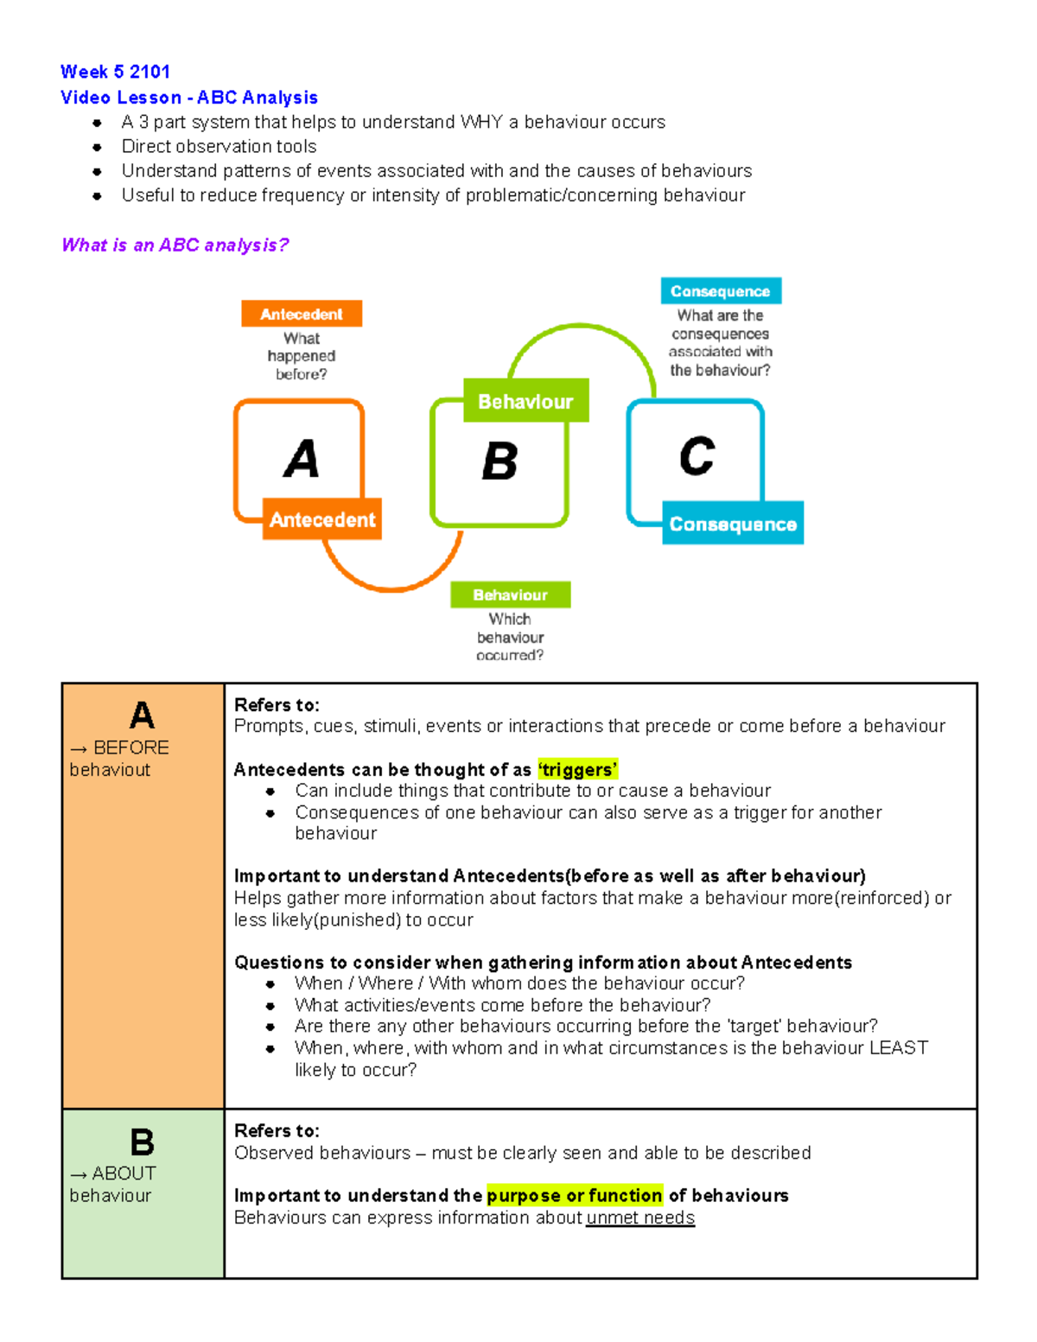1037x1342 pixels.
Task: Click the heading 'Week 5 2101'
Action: (x=115, y=72)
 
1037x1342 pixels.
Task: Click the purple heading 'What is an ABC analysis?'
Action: (x=175, y=245)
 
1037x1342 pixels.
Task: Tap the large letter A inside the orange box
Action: (x=301, y=459)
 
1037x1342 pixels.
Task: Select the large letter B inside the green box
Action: (x=499, y=461)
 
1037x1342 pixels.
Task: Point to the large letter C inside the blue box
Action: (x=697, y=456)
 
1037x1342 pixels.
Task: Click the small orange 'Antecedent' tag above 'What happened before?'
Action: (x=302, y=315)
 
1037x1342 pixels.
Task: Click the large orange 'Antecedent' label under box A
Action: (x=322, y=519)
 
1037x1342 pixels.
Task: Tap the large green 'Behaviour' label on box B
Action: (x=525, y=401)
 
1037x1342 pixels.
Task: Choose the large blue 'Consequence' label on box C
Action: (x=733, y=524)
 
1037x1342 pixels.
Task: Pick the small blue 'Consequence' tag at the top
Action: (x=721, y=291)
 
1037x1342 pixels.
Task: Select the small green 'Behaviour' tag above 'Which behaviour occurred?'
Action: (x=510, y=595)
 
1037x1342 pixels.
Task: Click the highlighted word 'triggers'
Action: (x=577, y=770)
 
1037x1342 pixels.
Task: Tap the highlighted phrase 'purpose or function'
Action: (x=575, y=1196)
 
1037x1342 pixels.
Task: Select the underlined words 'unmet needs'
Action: (x=640, y=1218)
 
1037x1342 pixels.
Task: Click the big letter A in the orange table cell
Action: (x=142, y=716)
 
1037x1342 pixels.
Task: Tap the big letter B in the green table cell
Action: (x=142, y=1142)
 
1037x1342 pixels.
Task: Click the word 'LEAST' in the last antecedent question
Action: (x=898, y=1048)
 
